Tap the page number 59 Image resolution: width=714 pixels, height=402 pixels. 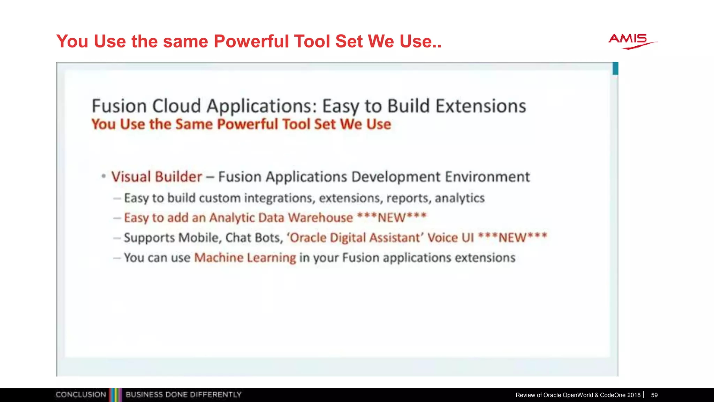click(654, 395)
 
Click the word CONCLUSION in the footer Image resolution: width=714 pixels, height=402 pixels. click(81, 395)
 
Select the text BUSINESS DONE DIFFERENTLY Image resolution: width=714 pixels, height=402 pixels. click(183, 395)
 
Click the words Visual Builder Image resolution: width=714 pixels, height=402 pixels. click(157, 177)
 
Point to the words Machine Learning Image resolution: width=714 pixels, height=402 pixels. click(245, 258)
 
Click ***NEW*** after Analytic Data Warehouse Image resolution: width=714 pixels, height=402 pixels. click(392, 217)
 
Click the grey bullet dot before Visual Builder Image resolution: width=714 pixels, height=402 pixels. click(104, 176)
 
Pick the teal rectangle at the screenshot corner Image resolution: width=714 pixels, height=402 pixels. click(615, 68)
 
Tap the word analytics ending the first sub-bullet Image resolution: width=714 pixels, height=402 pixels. click(459, 198)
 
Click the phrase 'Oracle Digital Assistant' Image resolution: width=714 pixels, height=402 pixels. click(355, 238)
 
